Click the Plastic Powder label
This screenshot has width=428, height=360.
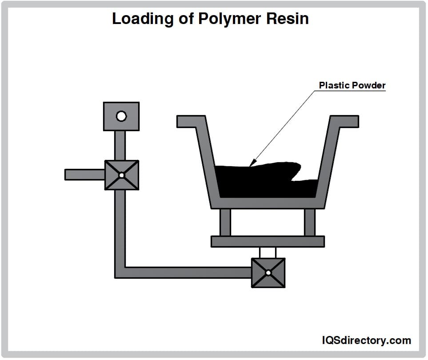coord(352,85)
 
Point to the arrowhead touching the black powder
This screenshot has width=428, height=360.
coord(252,164)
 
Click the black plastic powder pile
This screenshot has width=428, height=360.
coord(262,182)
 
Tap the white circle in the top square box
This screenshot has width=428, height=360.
coord(121,116)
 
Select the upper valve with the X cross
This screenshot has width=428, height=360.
coord(121,175)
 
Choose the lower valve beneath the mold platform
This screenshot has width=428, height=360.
coord(268,272)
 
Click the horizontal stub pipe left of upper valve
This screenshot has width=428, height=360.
coord(84,175)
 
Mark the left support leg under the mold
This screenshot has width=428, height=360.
coord(225,222)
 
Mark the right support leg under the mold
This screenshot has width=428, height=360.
coord(309,222)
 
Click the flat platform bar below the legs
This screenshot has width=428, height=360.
coord(268,241)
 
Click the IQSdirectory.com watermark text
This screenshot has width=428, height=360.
coord(366,340)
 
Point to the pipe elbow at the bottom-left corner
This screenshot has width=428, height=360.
coord(120,272)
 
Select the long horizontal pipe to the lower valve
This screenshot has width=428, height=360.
coord(187,272)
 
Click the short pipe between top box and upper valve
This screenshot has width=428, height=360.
coord(120,145)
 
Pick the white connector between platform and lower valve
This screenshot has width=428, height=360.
coord(268,252)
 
